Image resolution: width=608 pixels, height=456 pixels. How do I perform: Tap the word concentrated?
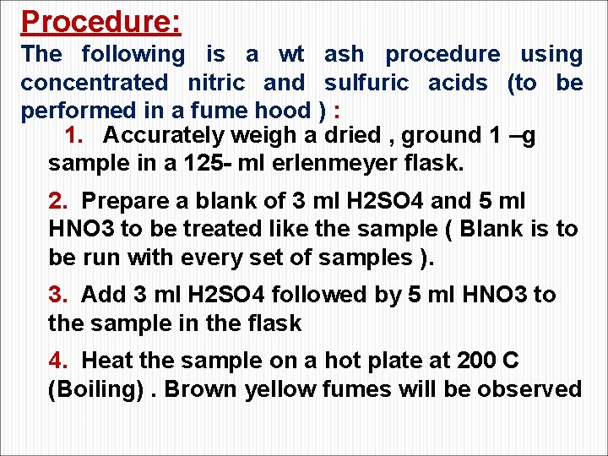point(95,83)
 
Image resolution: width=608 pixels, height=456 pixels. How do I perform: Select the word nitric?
point(215,83)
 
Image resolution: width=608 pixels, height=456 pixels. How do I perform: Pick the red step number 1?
point(74,135)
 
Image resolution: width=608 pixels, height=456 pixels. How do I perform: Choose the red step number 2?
point(57,201)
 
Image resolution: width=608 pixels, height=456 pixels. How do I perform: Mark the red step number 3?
point(57,295)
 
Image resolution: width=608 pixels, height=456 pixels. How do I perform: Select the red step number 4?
point(57,361)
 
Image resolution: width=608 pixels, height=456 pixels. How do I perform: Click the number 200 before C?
point(476,361)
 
